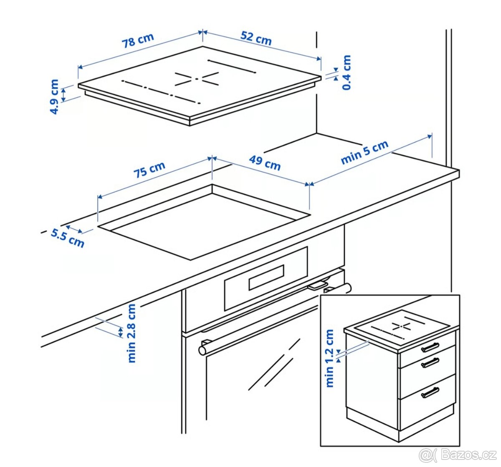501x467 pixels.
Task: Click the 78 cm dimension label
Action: click(x=138, y=40)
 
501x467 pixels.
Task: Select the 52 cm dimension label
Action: click(x=256, y=38)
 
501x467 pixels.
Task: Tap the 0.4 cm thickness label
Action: click(x=347, y=73)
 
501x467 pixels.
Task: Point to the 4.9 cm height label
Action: click(x=55, y=97)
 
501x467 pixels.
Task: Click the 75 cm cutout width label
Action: click(x=149, y=170)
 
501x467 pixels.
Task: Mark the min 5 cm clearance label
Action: click(x=364, y=153)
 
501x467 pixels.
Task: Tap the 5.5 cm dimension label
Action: click(x=67, y=239)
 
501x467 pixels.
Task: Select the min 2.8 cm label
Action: click(x=132, y=333)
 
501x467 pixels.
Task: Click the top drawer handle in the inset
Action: click(x=430, y=347)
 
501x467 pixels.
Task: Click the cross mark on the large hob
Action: click(x=197, y=79)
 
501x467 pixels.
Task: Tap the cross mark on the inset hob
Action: click(x=401, y=326)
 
